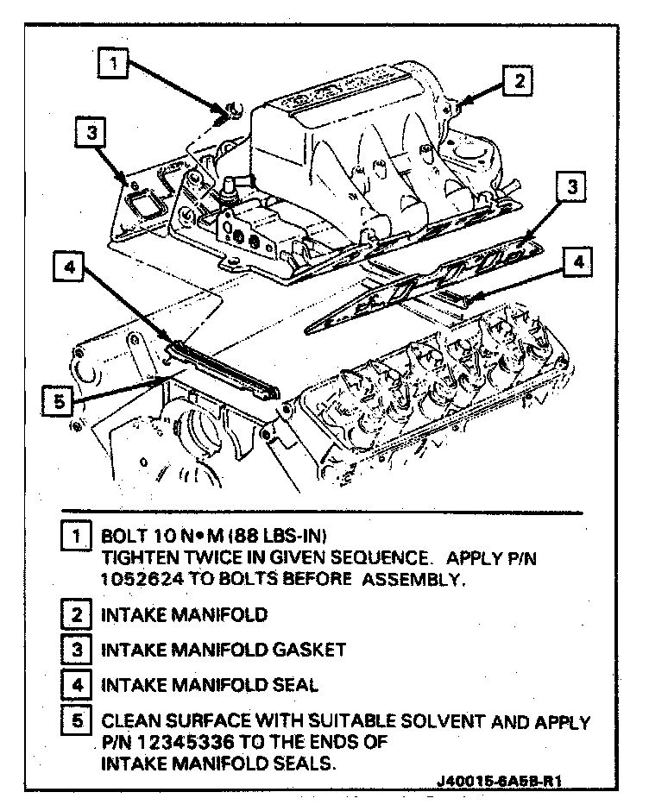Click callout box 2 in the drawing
coord(518,82)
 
